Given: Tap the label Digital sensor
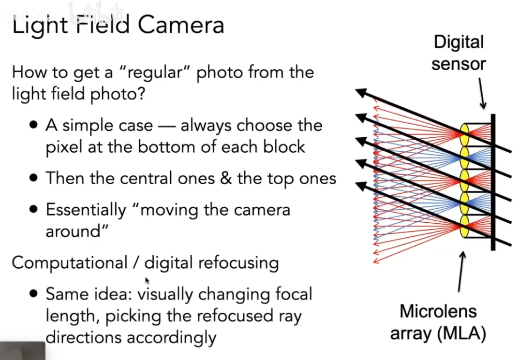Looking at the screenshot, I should pos(459,53).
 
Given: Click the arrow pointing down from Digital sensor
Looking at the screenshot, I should pos(482,94).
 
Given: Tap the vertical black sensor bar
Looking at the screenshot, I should pos(493,181).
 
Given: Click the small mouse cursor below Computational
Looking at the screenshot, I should pos(147,280).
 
